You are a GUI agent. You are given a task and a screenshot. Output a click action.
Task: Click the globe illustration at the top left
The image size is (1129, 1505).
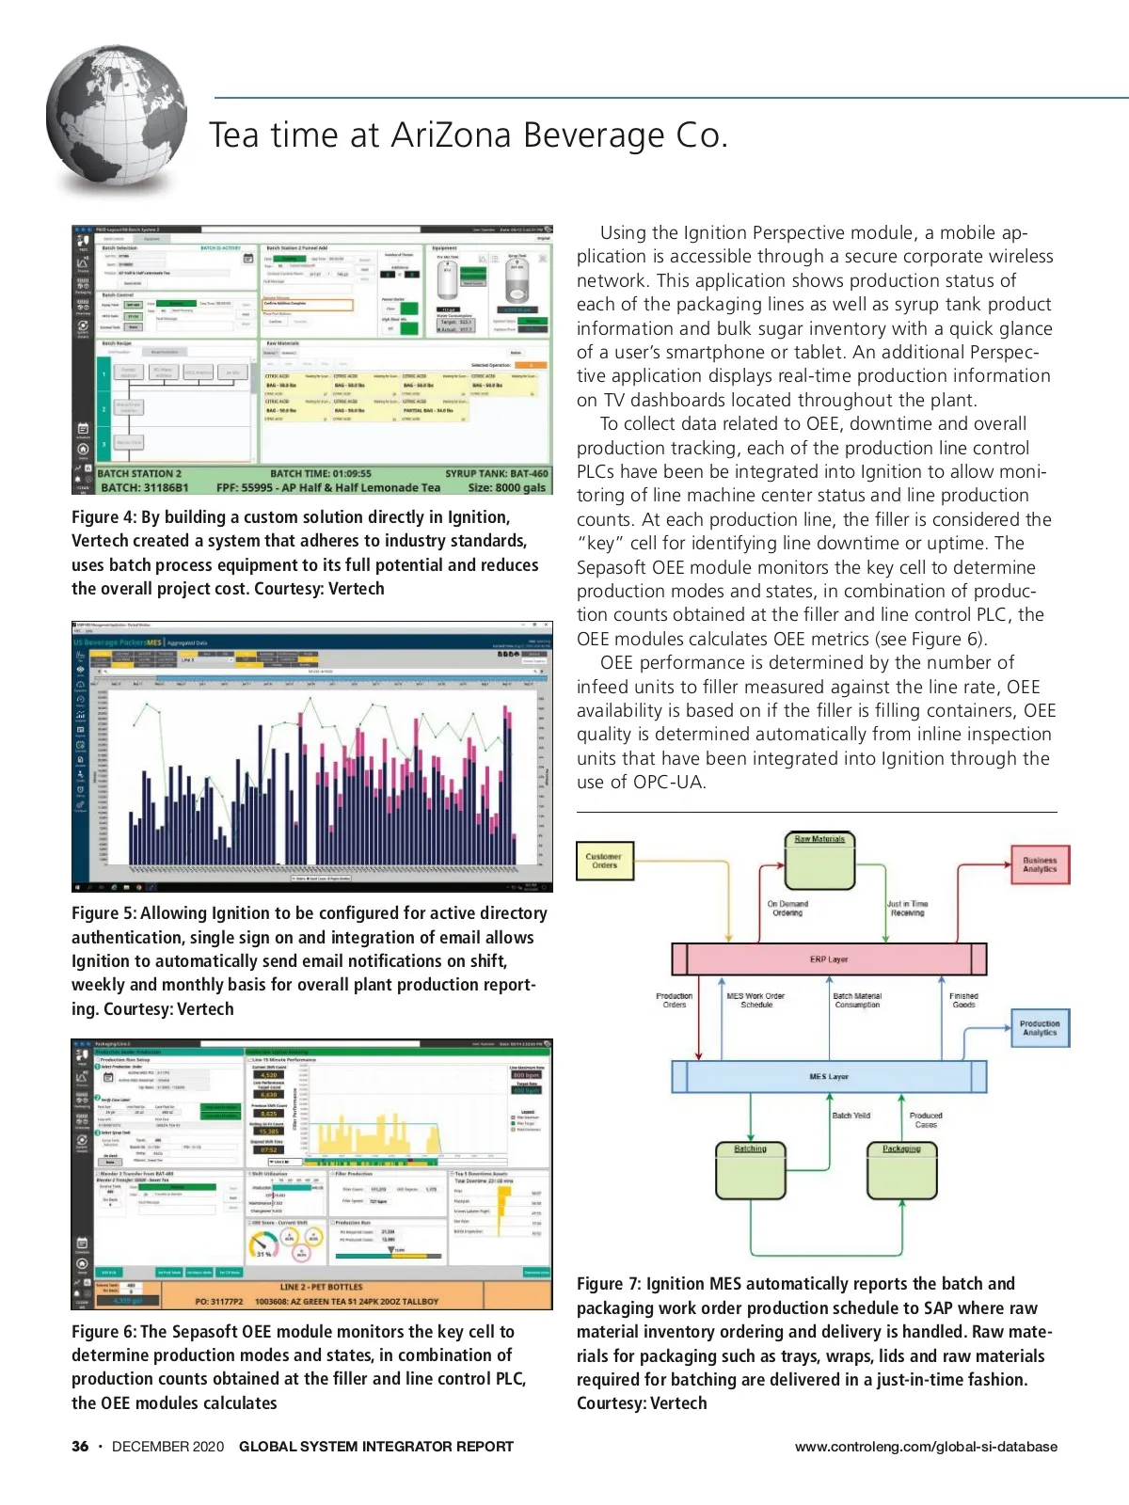117,120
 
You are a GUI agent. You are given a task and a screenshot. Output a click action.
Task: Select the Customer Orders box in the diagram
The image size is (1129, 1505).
604,861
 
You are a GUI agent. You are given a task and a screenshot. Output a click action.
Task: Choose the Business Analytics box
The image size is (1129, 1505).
1040,864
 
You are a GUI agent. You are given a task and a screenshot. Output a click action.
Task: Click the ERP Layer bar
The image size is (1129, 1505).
829,958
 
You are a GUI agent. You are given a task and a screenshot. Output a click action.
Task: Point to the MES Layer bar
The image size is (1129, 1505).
829,1076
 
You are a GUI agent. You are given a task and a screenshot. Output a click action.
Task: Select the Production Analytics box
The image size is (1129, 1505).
1039,1028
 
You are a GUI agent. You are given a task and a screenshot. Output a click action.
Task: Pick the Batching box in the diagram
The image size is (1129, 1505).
750,1171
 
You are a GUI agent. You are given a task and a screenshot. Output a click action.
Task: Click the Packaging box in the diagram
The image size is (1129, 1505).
901,1171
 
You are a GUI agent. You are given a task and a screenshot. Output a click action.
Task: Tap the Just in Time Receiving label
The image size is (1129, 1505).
907,908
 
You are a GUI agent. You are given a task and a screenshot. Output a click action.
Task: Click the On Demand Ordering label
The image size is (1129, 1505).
787,908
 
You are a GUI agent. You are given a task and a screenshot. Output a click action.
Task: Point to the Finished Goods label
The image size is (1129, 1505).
963,1000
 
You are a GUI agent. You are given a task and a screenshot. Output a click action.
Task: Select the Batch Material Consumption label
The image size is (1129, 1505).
857,1000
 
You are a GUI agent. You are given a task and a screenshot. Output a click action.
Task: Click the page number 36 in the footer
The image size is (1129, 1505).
80,1447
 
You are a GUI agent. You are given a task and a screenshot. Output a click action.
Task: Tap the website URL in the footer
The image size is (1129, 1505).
926,1447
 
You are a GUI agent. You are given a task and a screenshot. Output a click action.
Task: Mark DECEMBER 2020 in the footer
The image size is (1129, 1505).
167,1447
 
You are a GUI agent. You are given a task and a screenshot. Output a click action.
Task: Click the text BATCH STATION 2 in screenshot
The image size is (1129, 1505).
139,474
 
